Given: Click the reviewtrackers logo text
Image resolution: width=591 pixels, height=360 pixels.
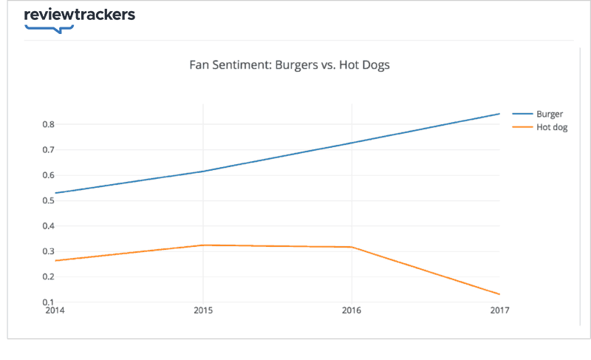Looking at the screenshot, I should (79, 15).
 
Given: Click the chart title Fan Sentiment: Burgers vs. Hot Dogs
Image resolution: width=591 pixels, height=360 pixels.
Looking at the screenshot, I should (290, 64).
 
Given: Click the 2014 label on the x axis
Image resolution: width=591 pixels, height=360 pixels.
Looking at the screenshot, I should (55, 310).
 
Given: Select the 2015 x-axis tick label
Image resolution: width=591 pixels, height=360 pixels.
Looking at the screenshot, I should (203, 310).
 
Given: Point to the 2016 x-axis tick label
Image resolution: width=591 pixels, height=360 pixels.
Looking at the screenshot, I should (352, 310).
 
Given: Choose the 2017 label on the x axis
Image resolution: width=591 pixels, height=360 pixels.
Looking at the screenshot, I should (500, 310).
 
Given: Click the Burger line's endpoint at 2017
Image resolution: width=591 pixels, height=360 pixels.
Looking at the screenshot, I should (500, 114).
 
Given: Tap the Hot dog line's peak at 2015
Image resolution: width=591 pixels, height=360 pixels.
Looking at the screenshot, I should (203, 245).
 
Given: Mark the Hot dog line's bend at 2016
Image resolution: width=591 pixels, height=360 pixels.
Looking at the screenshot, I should (352, 247).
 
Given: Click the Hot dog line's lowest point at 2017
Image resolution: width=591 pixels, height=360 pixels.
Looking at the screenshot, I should (500, 294).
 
